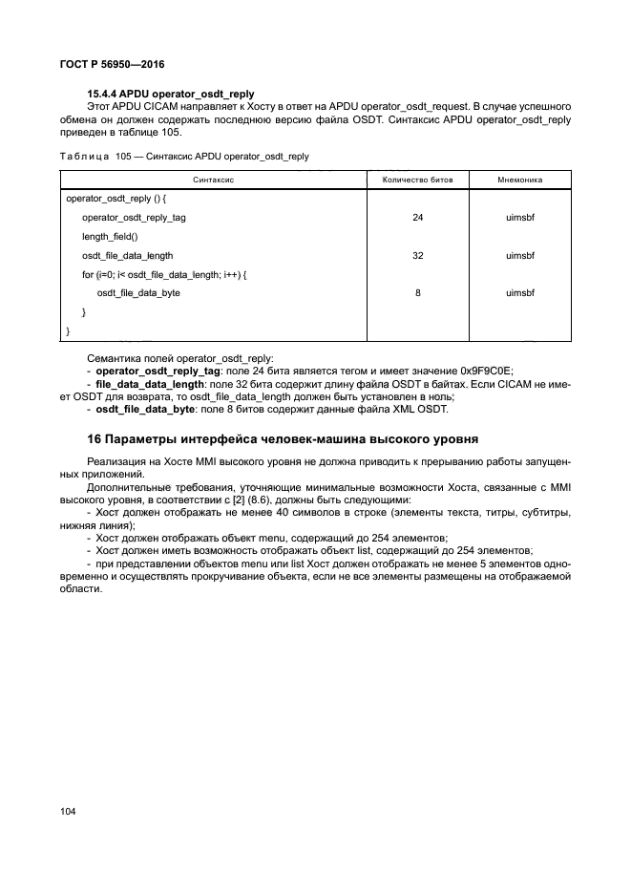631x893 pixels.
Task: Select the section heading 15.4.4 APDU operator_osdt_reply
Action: click(170, 94)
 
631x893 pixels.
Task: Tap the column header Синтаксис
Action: click(214, 180)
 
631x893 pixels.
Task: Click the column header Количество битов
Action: click(418, 180)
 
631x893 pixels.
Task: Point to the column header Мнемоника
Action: click(520, 180)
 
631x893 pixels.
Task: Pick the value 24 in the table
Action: click(418, 218)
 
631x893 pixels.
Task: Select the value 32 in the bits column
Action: click(418, 256)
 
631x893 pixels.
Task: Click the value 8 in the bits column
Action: click(418, 293)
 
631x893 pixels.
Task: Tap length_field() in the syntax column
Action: click(110, 237)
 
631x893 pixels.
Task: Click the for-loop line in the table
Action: click(164, 275)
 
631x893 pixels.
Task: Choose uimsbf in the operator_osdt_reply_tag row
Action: click(520, 218)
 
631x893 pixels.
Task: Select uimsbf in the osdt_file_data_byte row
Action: click(520, 293)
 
